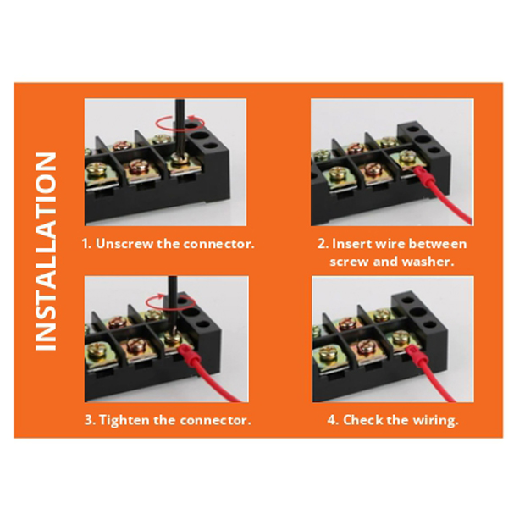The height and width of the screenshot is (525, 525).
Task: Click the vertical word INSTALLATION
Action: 46,251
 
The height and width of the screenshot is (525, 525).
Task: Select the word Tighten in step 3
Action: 124,420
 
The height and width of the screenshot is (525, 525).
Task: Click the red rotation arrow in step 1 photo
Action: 180,123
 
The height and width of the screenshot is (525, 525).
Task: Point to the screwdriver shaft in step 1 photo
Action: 180,126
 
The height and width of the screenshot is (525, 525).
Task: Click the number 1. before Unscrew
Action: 86,243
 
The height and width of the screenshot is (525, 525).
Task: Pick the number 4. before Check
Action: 334,419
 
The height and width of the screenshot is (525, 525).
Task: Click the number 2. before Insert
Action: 323,244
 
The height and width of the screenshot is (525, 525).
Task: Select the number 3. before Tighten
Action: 90,420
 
